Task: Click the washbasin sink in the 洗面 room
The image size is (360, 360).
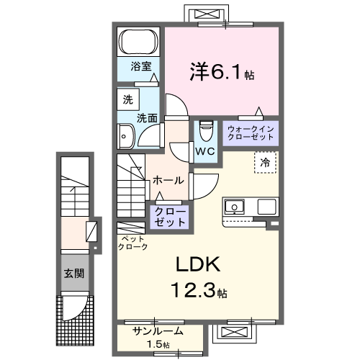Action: click(x=127, y=135)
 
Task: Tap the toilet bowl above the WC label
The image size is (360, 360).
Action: click(x=205, y=131)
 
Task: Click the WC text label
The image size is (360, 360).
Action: click(x=204, y=151)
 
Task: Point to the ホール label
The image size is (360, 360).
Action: click(x=168, y=180)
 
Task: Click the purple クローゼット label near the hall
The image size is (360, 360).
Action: click(x=169, y=215)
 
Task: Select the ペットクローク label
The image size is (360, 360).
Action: click(x=132, y=242)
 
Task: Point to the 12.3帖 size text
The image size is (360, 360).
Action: click(x=197, y=292)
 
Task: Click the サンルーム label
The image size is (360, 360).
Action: click(x=158, y=332)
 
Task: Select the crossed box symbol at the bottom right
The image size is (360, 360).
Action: click(x=235, y=333)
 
